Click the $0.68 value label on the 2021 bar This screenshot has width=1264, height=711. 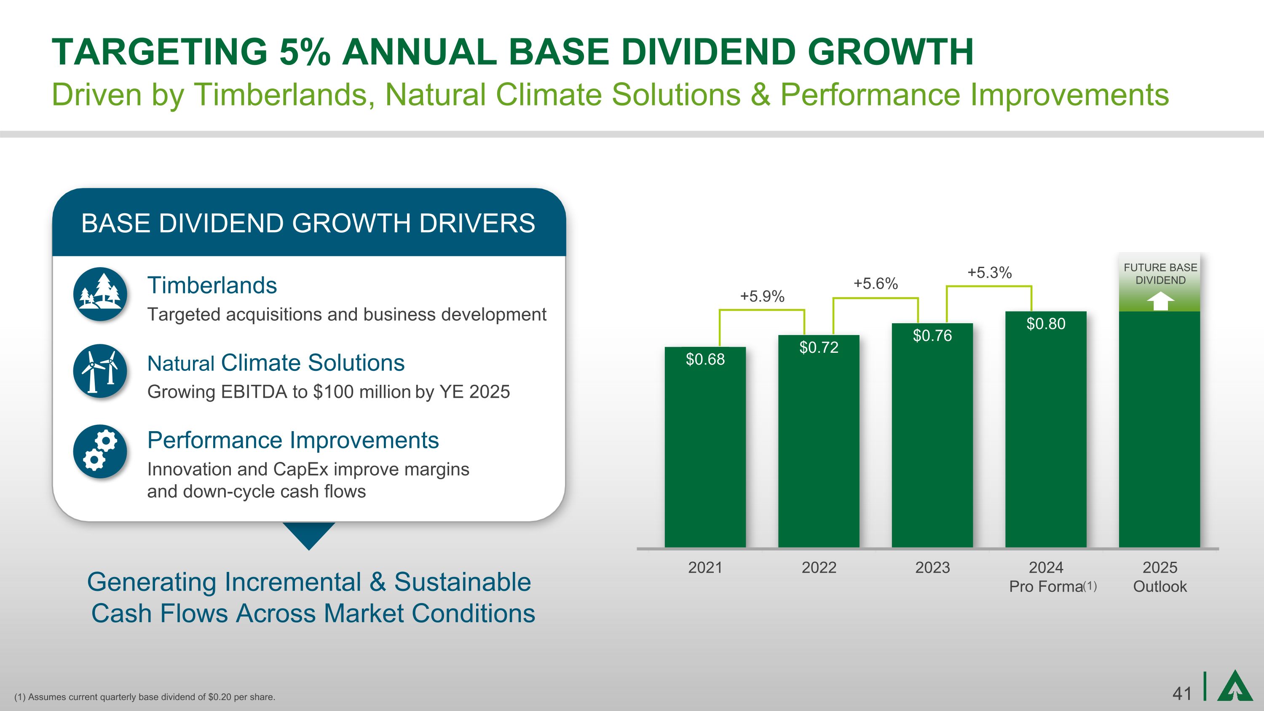pyautogui.click(x=705, y=360)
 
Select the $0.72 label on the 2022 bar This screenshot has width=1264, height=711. pyautogui.click(x=819, y=347)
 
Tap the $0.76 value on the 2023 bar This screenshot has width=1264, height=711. pyautogui.click(x=932, y=335)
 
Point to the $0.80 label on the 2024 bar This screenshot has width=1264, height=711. pyautogui.click(x=1046, y=324)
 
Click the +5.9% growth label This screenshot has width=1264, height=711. pyautogui.click(x=762, y=296)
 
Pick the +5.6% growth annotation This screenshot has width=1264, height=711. pyautogui.click(x=876, y=284)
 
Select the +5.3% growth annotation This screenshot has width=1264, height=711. pyautogui.click(x=989, y=273)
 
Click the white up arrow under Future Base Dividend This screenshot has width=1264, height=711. pyautogui.click(x=1160, y=301)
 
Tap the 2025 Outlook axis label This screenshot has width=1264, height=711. pyautogui.click(x=1160, y=577)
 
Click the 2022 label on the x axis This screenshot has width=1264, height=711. pyautogui.click(x=819, y=568)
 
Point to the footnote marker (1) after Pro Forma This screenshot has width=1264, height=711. pyautogui.click(x=1090, y=586)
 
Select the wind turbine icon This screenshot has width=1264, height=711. pyautogui.click(x=100, y=371)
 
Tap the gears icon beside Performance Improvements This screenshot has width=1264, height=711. pyautogui.click(x=100, y=451)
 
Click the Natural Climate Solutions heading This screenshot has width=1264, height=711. pyautogui.click(x=276, y=363)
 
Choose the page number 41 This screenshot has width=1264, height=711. pyautogui.click(x=1181, y=694)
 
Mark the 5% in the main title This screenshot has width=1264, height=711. pyautogui.click(x=304, y=52)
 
